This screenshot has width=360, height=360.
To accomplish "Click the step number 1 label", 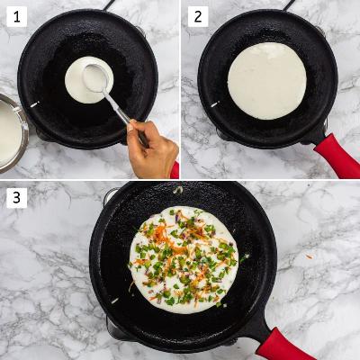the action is pos(17,16).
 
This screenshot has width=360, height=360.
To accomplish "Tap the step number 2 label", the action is pos(198,16).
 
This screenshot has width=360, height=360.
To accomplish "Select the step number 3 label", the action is pos(17,198).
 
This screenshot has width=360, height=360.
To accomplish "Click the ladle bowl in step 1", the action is pos(95,78).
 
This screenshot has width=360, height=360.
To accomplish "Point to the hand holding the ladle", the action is pos(152,148).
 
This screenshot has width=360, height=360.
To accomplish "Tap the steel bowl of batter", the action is pos(13,133).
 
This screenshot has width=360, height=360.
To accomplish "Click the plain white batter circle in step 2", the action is pos(267,81).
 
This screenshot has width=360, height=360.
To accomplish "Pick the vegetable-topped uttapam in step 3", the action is pos(184,260).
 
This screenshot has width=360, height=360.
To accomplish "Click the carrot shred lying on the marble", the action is pos(309,256).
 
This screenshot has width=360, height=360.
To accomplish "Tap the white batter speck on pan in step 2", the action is pos(215,104).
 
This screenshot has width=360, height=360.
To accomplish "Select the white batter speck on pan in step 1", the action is pos(34,104).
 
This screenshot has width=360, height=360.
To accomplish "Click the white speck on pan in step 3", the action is pos(114,301).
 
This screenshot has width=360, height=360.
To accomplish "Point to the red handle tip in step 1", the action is pos(175,170).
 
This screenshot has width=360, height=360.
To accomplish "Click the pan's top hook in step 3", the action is pos(177,190).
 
